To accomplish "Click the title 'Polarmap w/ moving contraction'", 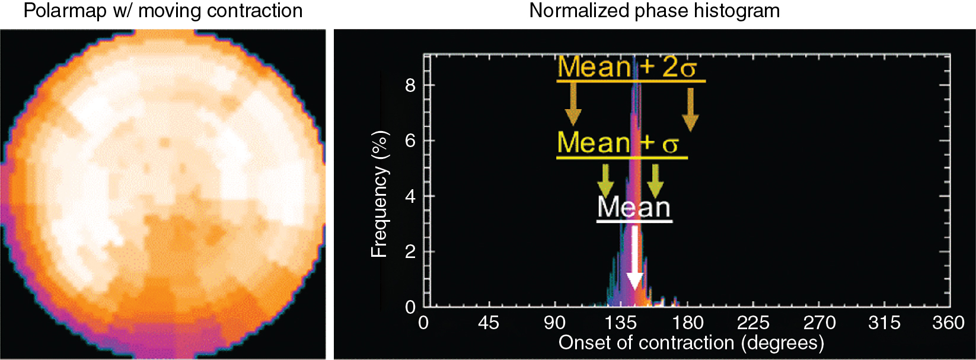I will [x=162, y=11].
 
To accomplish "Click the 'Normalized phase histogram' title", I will [x=654, y=11].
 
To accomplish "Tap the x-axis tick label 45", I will [x=489, y=323].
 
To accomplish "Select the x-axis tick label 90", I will [x=554, y=323].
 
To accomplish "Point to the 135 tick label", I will [x=620, y=323].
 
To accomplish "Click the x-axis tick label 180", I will [x=687, y=323].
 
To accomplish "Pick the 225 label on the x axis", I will [x=753, y=323].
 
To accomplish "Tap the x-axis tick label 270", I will [x=819, y=323].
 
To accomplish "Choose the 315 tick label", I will [x=884, y=323].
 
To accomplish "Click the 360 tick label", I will [x=948, y=323].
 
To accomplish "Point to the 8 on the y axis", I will [x=410, y=85].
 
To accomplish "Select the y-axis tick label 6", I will [x=410, y=141].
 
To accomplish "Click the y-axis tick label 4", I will [x=410, y=196].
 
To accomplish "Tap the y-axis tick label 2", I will [x=410, y=251].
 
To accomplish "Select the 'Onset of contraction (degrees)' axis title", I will [x=691, y=343].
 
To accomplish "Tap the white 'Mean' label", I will [x=634, y=207].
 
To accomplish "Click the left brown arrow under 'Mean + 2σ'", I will [x=573, y=104].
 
